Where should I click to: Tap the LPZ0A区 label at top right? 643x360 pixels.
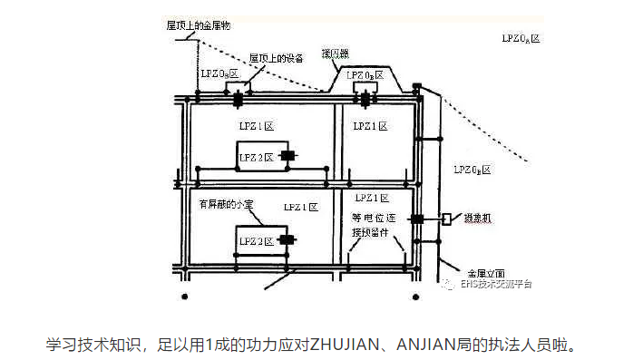[521, 38]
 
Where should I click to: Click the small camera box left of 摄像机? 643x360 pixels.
[447, 219]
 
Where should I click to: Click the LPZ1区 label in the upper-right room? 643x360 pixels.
[370, 126]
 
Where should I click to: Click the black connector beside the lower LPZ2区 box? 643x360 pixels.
[287, 240]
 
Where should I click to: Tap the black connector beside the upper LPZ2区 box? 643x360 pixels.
[288, 156]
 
